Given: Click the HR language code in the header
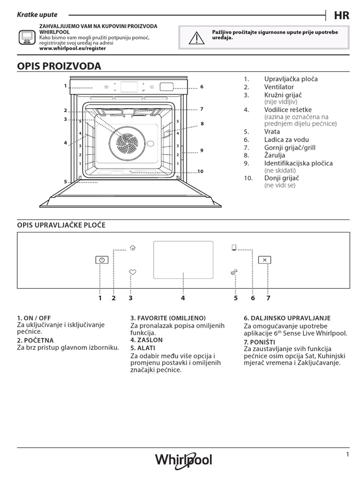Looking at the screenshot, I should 341,15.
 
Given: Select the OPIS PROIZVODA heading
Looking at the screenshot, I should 59,66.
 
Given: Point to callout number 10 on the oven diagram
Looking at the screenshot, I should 201,171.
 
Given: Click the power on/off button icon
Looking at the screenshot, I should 101,260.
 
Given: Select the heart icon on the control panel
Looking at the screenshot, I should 133,272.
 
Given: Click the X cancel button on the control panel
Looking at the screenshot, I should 264,260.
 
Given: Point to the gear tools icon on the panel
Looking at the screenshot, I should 233,272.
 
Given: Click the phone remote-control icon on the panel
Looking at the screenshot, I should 233,247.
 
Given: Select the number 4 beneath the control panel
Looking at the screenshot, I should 183,298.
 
